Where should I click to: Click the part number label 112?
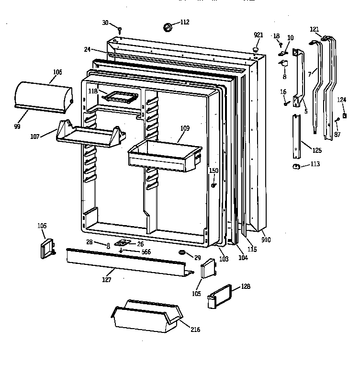(x=185, y=22)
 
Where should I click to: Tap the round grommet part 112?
(x=169, y=28)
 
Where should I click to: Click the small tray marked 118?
(x=120, y=97)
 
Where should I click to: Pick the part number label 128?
(x=246, y=286)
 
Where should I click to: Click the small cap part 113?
(x=296, y=166)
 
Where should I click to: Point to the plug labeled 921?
(x=256, y=48)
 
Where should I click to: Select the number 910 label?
(x=266, y=239)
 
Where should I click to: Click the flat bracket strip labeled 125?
(x=297, y=139)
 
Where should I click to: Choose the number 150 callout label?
(x=214, y=171)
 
